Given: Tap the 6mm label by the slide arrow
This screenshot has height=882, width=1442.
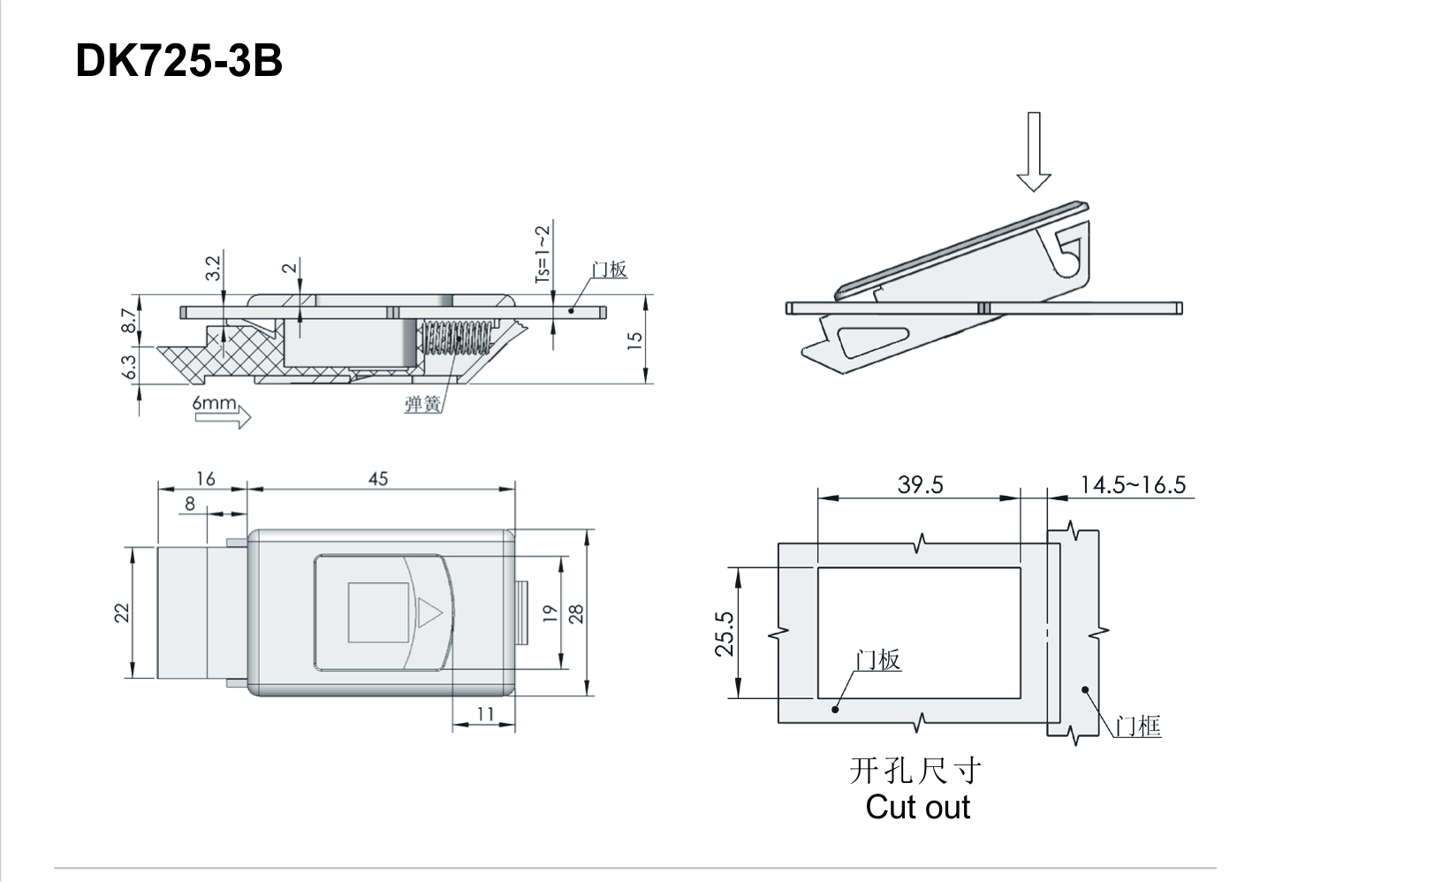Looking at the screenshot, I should click(x=215, y=403).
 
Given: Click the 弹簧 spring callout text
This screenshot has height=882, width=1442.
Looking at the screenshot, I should click(x=423, y=404).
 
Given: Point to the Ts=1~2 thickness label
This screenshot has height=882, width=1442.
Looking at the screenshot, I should click(x=543, y=254).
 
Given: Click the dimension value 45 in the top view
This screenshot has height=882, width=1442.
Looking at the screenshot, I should click(x=378, y=478).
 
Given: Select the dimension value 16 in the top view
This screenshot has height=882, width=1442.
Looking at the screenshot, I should click(x=205, y=478).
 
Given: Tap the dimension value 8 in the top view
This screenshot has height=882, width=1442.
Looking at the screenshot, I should click(x=190, y=504).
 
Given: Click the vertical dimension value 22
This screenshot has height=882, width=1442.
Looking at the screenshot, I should click(x=122, y=612).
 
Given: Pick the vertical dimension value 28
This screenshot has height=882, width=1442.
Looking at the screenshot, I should click(x=577, y=613).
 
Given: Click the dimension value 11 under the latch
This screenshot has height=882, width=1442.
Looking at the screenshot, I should click(x=485, y=713).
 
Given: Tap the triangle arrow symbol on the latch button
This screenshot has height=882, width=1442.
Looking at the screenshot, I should click(x=428, y=612).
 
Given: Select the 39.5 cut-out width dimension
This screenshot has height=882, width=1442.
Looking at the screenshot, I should click(x=920, y=484).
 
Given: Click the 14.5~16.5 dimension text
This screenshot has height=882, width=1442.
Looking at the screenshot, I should click(x=1133, y=484).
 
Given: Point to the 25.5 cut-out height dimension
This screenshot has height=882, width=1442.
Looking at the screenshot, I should click(x=725, y=633).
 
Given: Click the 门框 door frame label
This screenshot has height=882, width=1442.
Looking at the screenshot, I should click(x=1137, y=726).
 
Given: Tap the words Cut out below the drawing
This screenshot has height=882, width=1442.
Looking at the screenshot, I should click(x=918, y=807).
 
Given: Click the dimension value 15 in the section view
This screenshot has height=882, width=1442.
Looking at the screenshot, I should click(x=634, y=340).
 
